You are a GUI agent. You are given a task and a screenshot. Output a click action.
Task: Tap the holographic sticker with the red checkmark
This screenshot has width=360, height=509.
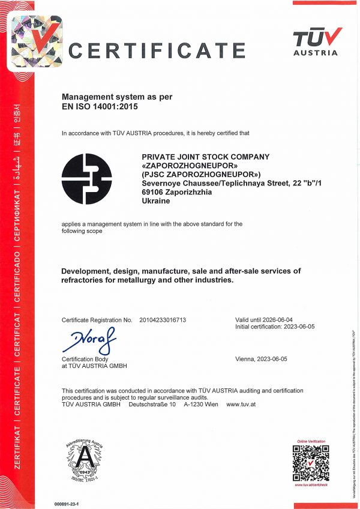[37, 41]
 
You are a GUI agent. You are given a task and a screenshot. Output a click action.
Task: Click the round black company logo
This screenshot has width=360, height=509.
[87, 179]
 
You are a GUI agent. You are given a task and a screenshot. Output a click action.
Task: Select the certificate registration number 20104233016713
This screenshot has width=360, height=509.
[163, 320]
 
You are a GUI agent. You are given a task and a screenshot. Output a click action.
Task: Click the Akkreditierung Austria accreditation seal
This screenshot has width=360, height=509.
[85, 463]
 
